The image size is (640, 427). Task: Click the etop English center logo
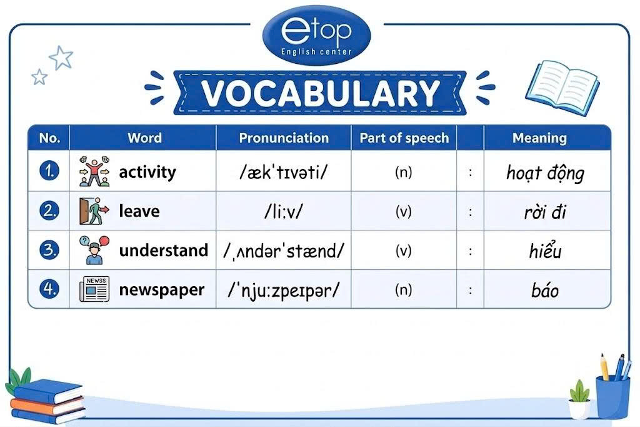(x=316, y=36)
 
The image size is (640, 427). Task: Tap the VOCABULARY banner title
(x=320, y=93)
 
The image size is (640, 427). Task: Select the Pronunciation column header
(x=284, y=138)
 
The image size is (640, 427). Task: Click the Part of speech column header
(x=404, y=138)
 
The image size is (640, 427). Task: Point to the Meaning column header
(x=539, y=138)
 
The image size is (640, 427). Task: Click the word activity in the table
(x=147, y=172)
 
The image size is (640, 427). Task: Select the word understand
(x=163, y=250)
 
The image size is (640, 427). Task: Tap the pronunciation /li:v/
(x=284, y=211)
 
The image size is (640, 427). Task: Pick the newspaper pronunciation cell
(x=284, y=290)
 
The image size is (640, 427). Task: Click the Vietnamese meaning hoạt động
(x=545, y=173)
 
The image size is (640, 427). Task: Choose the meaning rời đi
(x=545, y=212)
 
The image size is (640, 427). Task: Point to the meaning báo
(x=545, y=290)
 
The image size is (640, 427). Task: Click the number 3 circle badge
(x=49, y=250)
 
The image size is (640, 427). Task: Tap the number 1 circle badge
(x=49, y=170)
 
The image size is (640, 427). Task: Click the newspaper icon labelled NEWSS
(x=94, y=289)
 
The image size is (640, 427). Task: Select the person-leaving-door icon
(x=94, y=211)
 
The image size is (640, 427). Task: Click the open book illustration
(x=562, y=87)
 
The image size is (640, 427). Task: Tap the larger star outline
(x=61, y=57)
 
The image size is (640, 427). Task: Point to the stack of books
(x=47, y=401)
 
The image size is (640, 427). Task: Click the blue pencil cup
(x=612, y=397)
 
